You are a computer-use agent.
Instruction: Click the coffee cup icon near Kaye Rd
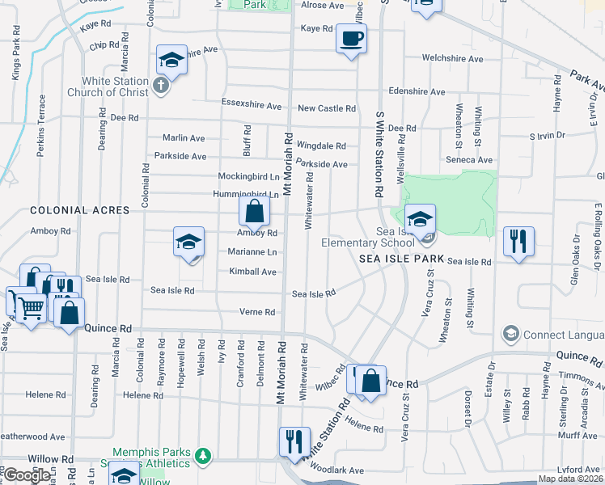point(351,38)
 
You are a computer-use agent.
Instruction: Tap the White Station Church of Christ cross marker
point(161,86)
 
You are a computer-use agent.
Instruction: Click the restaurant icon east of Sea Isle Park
point(518,240)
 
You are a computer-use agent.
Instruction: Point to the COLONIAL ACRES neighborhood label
point(79,210)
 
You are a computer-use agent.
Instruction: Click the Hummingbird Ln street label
point(246,195)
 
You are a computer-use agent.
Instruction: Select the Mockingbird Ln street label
point(248,176)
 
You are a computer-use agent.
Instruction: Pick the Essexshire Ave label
point(252,106)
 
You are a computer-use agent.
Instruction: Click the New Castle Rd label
point(327,108)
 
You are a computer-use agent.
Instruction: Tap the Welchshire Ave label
point(452,59)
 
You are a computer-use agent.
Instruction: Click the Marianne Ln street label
point(252,252)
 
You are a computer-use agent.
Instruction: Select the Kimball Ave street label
point(252,272)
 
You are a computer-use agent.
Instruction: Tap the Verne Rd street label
point(257,312)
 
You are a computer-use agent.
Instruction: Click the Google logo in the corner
point(27,475)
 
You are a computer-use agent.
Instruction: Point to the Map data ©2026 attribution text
point(569,479)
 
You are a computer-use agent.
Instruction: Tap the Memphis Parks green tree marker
point(202,458)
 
